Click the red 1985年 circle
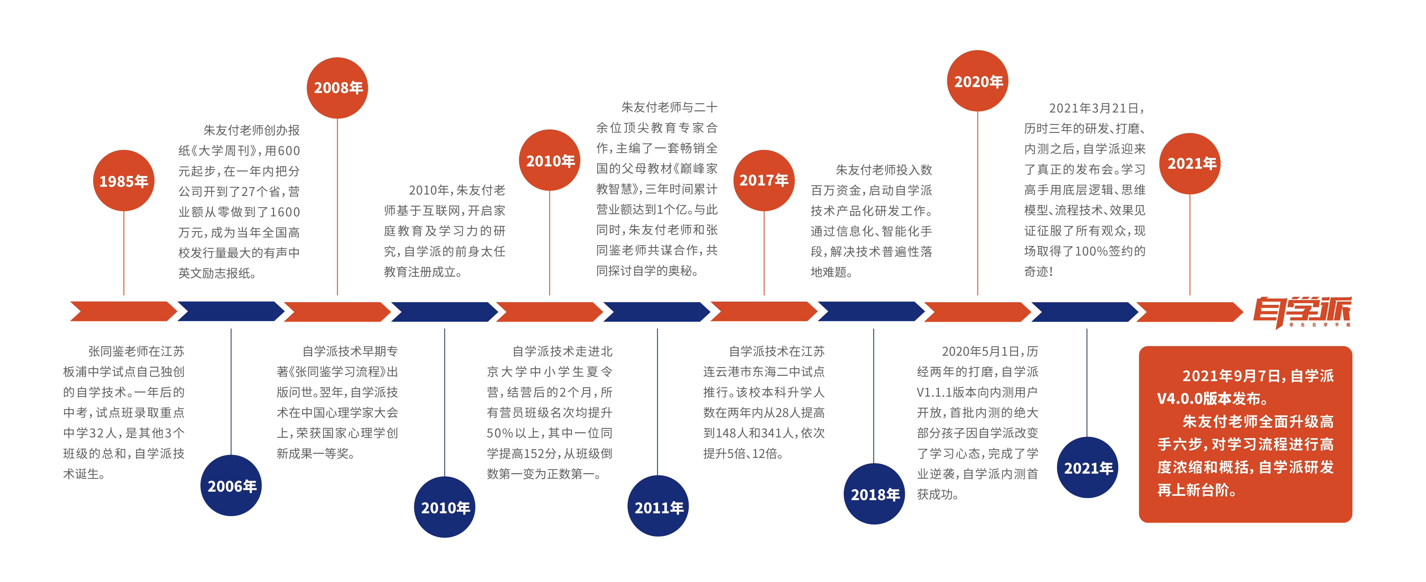(123, 180)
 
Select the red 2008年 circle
(337, 87)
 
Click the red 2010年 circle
(550, 161)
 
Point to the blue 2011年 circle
(658, 506)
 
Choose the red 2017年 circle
(764, 180)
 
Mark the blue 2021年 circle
(1088, 468)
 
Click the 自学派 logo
(1302, 312)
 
